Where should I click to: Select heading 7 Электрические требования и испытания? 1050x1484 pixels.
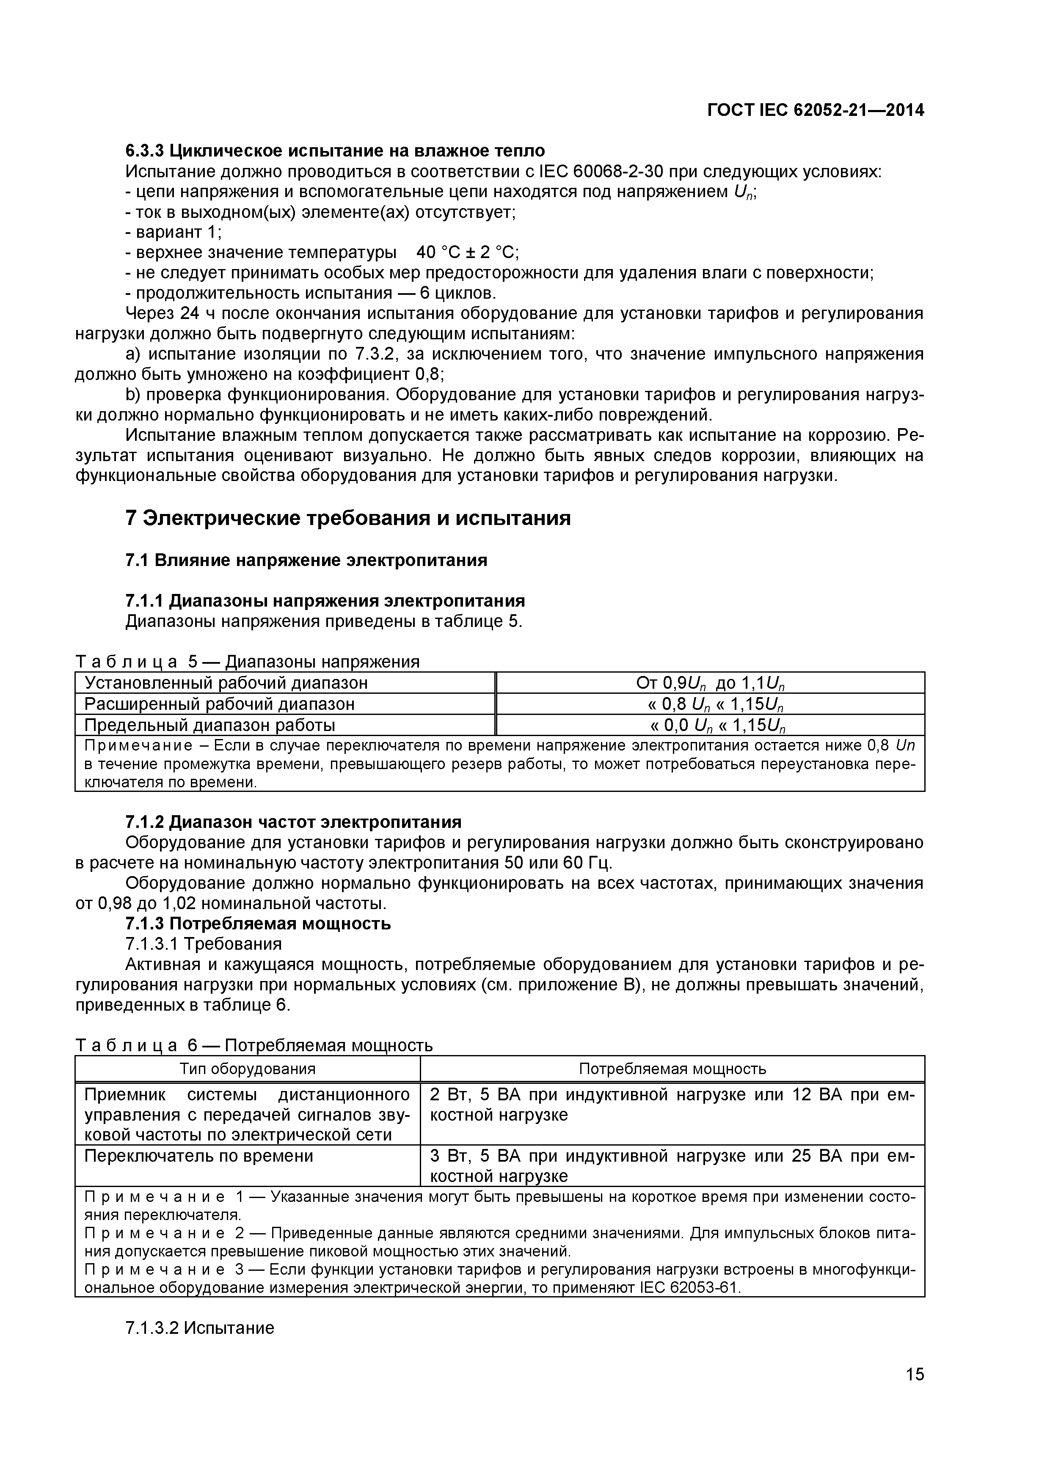[348, 518]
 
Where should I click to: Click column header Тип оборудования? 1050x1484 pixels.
[248, 1069]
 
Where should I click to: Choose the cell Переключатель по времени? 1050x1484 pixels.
[198, 1155]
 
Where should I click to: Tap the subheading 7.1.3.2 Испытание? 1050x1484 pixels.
[200, 1327]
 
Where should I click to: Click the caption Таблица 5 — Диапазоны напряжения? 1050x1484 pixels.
[248, 662]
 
